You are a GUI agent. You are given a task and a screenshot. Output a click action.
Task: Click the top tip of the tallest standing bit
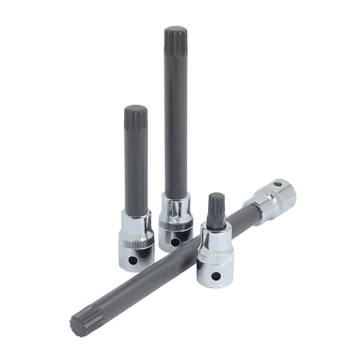(175, 30)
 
